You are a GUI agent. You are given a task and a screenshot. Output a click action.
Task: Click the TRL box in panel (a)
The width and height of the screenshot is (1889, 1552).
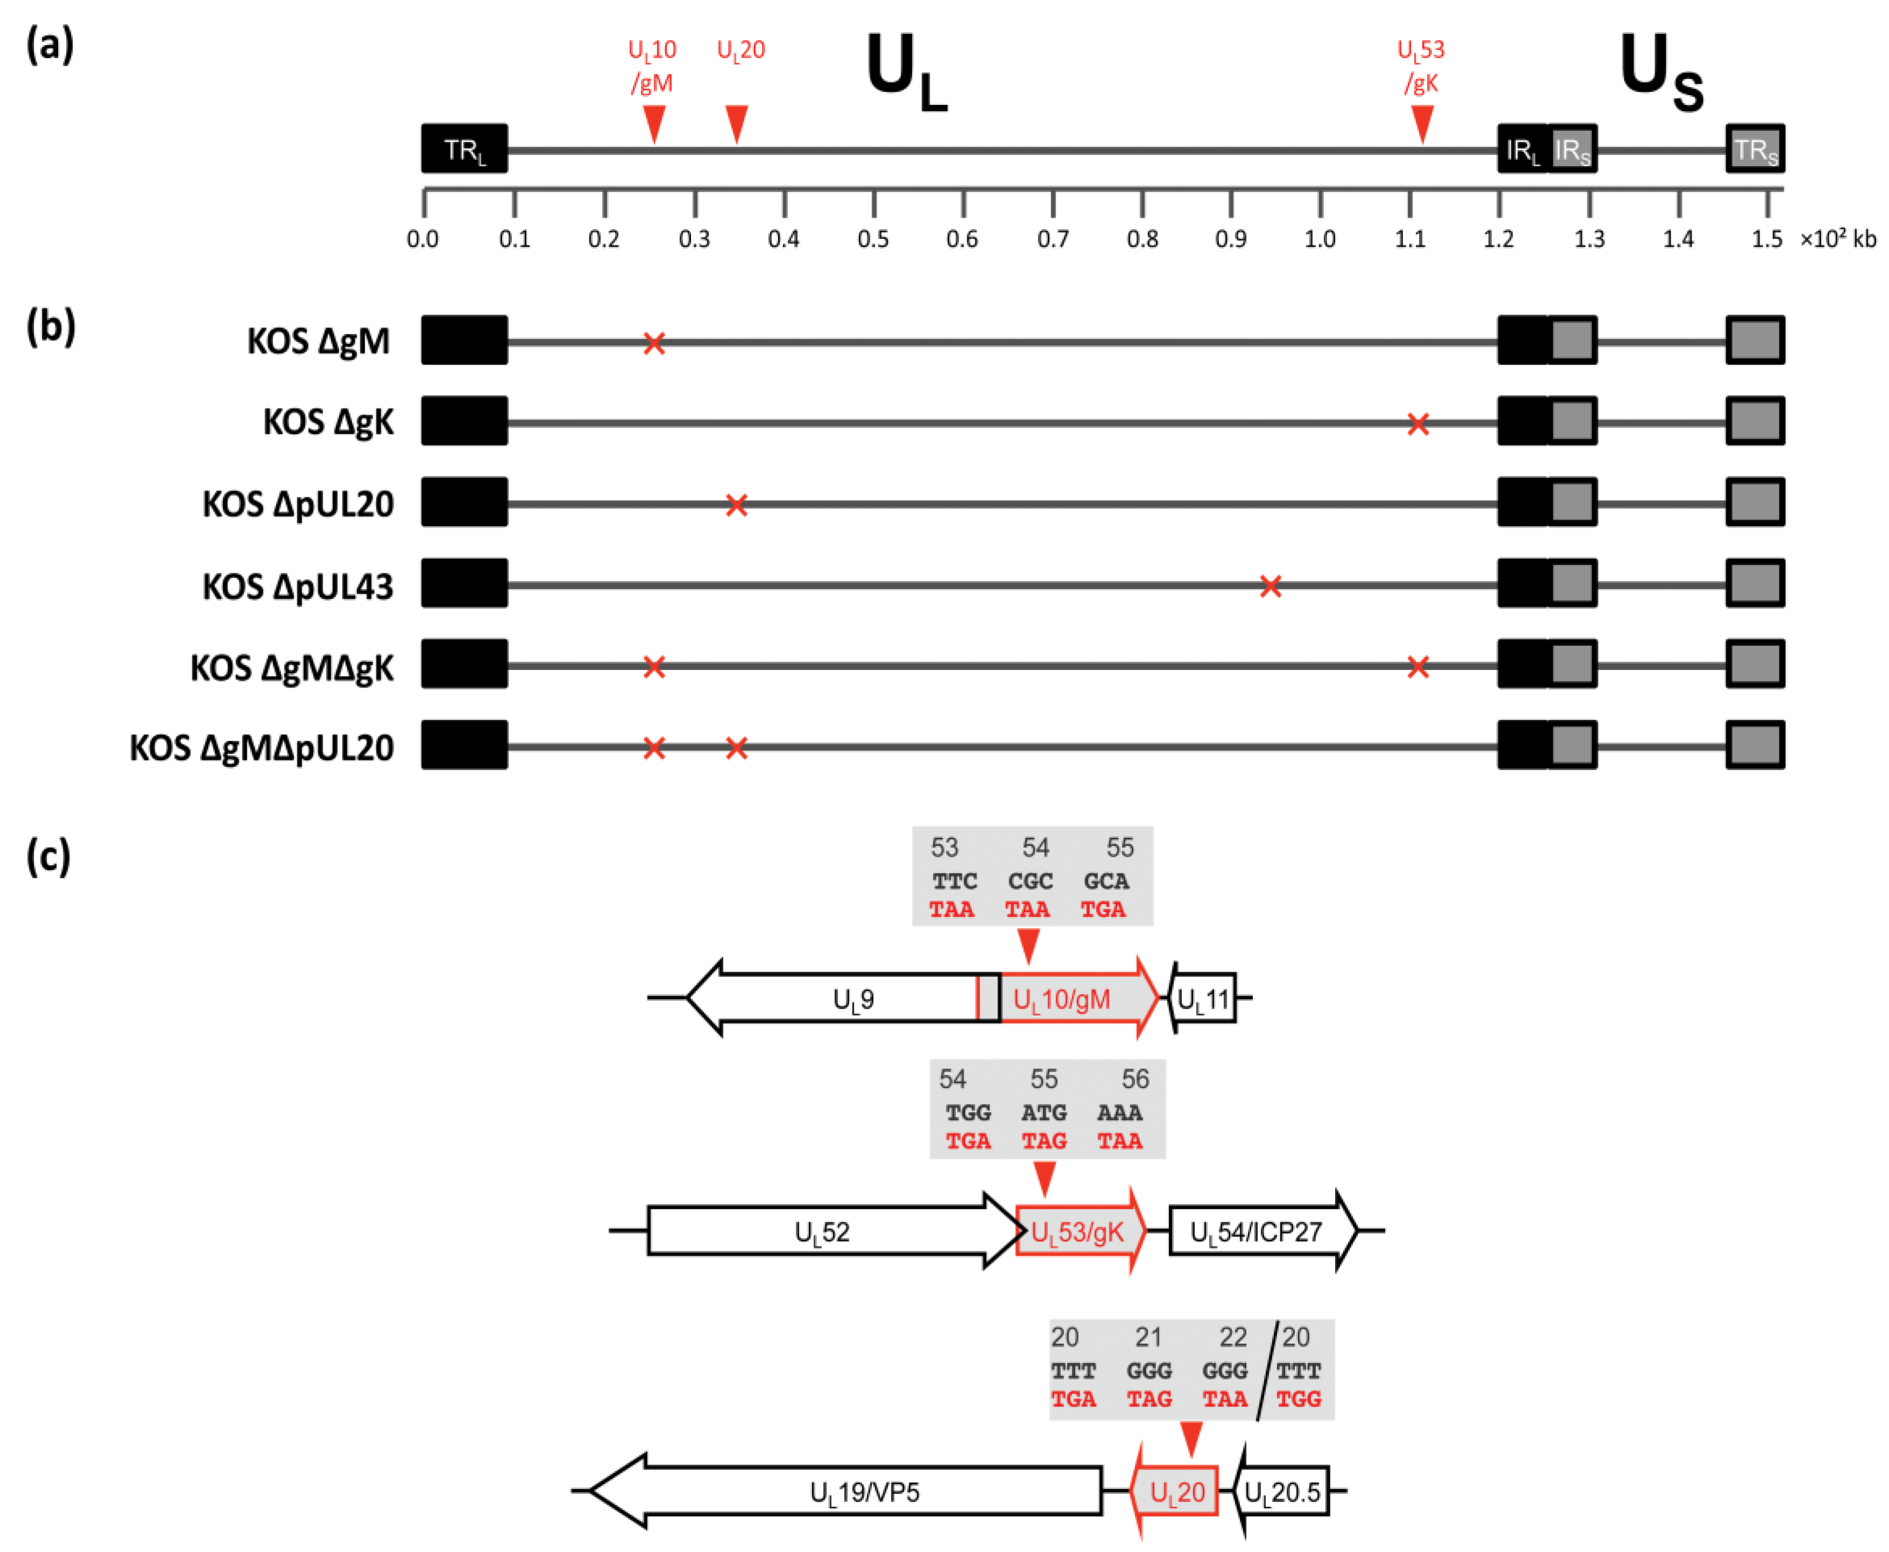coord(464,148)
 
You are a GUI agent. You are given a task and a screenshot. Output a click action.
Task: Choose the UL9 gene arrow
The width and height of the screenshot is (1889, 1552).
coord(840,998)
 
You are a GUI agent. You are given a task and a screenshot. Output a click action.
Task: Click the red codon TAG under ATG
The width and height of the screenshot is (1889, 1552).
coord(1043,1141)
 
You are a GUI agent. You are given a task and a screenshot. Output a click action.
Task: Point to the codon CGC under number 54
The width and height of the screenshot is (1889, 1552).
coord(1030,881)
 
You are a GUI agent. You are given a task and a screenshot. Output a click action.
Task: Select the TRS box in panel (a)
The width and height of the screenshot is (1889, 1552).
coord(1755,148)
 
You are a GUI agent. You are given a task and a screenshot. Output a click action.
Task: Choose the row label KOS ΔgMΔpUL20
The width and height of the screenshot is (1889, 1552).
coord(261,747)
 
